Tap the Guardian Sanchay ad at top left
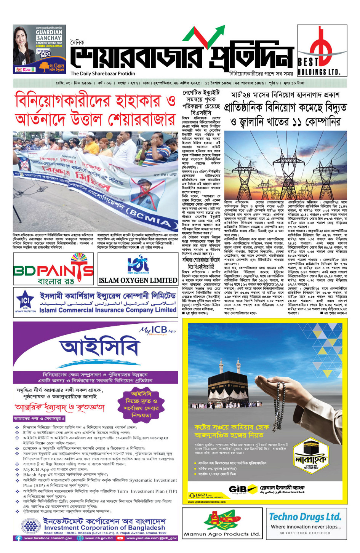(39, 50)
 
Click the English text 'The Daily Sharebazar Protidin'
(103, 74)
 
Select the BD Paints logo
(54, 269)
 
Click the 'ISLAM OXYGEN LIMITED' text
(138, 280)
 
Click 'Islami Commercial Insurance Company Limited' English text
(108, 310)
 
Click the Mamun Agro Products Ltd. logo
(222, 523)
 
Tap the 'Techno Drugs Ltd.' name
(305, 517)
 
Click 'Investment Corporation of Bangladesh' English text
(104, 528)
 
